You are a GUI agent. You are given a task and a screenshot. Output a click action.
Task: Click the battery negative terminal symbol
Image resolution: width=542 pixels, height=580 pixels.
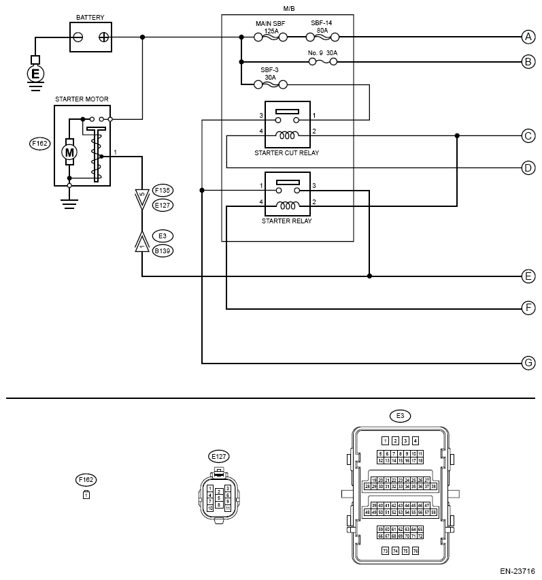click(79, 37)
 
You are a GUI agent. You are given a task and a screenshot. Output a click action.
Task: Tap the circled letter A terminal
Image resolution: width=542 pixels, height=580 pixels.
click(528, 37)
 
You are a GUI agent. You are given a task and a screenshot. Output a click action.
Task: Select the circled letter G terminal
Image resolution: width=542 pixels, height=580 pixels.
click(528, 363)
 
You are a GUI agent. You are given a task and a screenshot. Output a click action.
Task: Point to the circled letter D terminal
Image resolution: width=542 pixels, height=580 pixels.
click(528, 167)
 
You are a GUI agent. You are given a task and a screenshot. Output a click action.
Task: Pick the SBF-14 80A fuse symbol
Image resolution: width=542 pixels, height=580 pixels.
click(324, 37)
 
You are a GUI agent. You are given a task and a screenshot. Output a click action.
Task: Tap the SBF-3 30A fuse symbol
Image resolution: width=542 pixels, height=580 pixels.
click(269, 84)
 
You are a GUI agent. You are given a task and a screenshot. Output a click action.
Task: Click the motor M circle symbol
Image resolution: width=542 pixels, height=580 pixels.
click(69, 152)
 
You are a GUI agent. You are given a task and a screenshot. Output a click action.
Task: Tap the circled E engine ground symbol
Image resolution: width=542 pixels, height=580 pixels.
click(35, 73)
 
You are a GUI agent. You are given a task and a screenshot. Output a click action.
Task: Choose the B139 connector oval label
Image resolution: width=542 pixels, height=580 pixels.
click(163, 251)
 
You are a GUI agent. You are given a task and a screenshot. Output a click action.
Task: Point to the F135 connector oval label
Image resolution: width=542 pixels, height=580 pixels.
click(163, 190)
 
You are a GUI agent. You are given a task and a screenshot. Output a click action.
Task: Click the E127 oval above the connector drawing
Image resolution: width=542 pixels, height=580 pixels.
click(218, 456)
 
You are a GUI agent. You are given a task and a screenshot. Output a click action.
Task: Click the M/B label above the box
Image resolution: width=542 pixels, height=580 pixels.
click(288, 8)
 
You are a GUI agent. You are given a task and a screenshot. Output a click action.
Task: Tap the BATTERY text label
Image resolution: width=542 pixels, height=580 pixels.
click(90, 17)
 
